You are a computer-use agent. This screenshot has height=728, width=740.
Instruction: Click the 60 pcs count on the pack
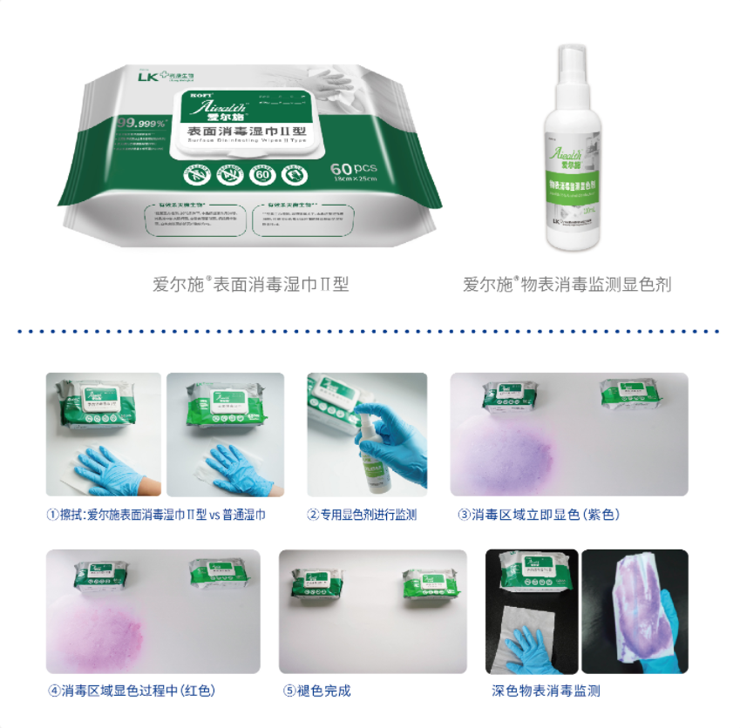352,166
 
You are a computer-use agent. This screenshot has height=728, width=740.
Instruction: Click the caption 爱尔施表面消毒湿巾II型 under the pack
250,284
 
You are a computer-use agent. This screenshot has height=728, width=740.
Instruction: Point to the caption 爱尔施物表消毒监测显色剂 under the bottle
567,284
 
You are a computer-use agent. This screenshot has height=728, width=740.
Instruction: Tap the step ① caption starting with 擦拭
156,515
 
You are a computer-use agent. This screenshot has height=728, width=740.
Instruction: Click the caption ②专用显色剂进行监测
362,515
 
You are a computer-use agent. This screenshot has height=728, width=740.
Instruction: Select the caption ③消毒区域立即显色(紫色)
539,515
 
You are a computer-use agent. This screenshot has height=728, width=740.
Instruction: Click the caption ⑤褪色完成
316,691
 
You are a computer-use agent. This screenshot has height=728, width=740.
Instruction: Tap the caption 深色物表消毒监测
546,691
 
